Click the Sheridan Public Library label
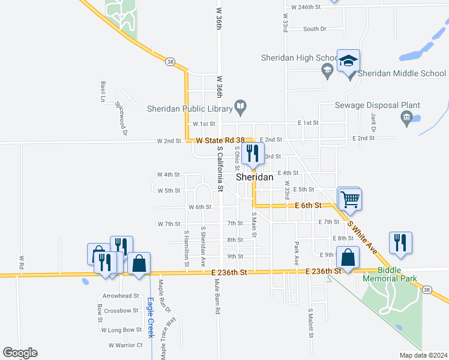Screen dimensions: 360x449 point(190,109)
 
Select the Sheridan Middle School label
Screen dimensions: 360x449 point(403,73)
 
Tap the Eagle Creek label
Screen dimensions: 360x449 point(151,317)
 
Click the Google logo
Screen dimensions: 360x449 point(20,353)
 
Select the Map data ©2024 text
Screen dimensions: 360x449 point(424,355)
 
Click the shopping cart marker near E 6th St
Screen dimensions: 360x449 point(350,198)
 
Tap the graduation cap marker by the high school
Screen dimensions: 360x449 point(348,61)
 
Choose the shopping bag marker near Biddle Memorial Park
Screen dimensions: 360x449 point(348,257)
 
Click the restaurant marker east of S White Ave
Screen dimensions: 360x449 point(400,242)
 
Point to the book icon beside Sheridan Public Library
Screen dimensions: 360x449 point(240,108)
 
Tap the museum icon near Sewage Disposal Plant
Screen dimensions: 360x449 point(406,117)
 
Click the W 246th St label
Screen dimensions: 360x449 point(306,7)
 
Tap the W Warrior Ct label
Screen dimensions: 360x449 point(125,345)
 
